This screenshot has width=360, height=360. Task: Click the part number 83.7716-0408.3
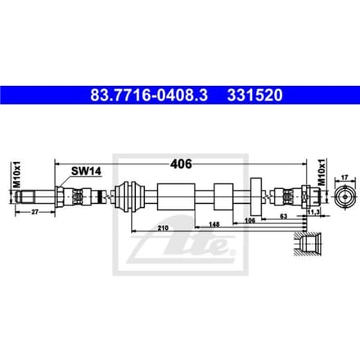pyautogui.click(x=149, y=96)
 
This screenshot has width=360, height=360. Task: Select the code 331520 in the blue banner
pyautogui.click(x=255, y=96)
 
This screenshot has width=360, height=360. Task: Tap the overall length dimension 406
pyautogui.click(x=181, y=164)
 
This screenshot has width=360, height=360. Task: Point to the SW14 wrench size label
pyautogui.click(x=86, y=171)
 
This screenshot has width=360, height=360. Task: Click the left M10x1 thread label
pyautogui.click(x=17, y=174)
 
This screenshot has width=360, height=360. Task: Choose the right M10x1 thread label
pyautogui.click(x=322, y=173)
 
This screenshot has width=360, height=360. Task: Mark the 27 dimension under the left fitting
pyautogui.click(x=34, y=212)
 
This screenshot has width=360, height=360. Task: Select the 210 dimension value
pyautogui.click(x=163, y=228)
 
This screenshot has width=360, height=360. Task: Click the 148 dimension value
pyautogui.click(x=214, y=224)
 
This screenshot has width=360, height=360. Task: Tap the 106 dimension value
pyautogui.click(x=250, y=220)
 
